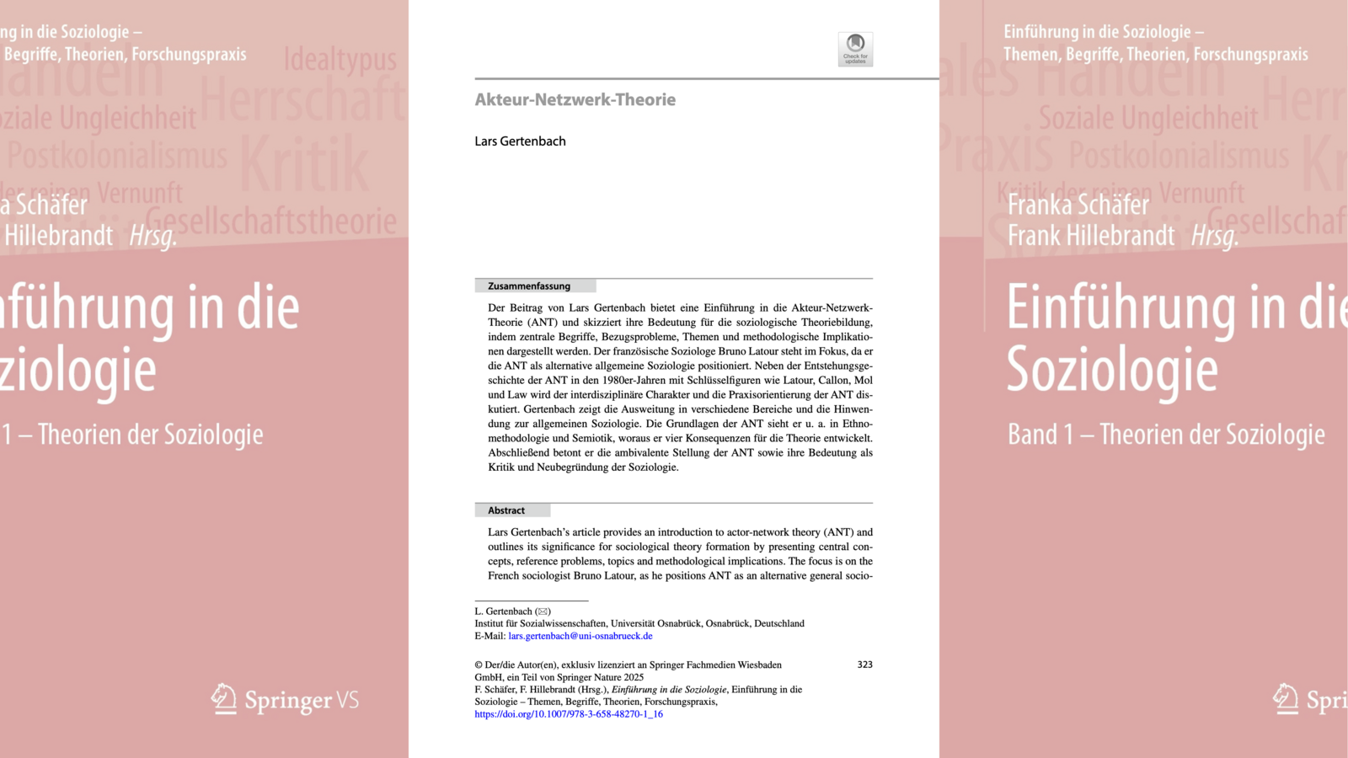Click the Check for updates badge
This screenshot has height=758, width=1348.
(x=855, y=49)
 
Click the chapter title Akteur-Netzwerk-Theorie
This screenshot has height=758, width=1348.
(x=575, y=99)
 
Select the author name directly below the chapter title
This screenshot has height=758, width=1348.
(x=520, y=141)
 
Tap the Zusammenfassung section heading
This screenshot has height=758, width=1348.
(x=529, y=286)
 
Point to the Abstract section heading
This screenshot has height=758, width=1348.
(x=506, y=510)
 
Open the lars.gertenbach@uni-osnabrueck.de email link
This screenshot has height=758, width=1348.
(x=580, y=636)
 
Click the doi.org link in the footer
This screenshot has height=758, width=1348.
(x=569, y=714)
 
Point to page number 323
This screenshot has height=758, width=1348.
(x=864, y=665)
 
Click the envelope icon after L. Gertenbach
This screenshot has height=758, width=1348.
(x=543, y=611)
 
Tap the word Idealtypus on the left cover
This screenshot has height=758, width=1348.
(x=340, y=60)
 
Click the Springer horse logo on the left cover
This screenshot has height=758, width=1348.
(x=224, y=698)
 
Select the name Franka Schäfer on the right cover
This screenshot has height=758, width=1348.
(x=1078, y=205)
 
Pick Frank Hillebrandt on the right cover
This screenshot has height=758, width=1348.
(x=1090, y=236)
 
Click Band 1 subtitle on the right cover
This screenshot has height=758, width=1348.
(x=1165, y=435)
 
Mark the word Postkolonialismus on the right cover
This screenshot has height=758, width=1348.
(x=1179, y=156)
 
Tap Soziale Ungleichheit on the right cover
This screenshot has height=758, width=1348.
(x=1147, y=118)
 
